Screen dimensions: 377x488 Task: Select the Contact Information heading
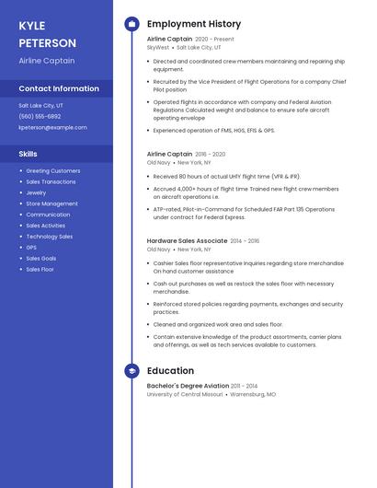coord(59,88)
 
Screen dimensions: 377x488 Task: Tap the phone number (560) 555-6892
coord(40,116)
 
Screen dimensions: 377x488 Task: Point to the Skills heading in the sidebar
coord(29,154)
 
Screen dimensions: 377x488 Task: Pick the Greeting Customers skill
coord(52,170)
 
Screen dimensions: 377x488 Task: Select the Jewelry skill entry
coord(36,192)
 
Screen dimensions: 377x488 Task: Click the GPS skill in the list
coord(31,248)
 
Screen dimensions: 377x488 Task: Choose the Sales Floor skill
coord(40,270)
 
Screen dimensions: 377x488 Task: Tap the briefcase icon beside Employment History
coord(131,24)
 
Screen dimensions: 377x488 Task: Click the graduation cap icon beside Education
coord(131,371)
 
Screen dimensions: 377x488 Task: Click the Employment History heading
coord(194,24)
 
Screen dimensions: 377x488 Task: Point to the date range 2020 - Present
coord(214,40)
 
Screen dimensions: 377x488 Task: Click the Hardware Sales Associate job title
coord(188,240)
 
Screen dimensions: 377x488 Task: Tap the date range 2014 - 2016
coord(245,240)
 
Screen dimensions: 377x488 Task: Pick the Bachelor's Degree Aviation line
coord(188,386)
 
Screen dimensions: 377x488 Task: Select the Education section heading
coord(170,371)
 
